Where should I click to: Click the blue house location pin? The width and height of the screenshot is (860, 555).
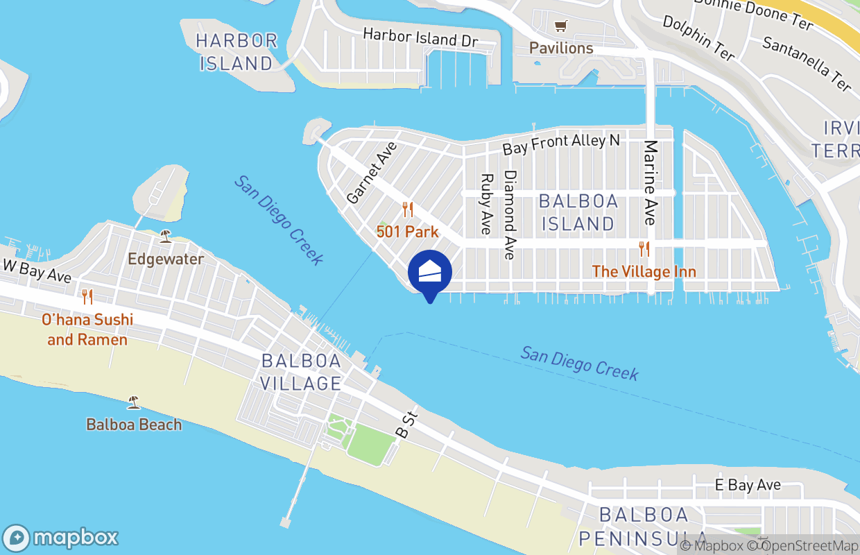430,273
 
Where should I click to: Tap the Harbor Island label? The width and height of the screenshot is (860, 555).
237,52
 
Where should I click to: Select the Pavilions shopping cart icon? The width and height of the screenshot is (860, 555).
560,26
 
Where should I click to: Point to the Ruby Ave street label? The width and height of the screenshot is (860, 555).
486,203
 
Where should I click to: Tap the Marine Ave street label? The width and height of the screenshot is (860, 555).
650,182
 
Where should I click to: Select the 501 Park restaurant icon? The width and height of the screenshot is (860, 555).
408,209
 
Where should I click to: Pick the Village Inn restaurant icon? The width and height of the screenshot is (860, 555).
644,248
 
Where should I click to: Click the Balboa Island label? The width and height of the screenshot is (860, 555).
578,212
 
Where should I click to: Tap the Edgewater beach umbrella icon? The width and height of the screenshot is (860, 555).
165,236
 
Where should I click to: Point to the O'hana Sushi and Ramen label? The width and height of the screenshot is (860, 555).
87,330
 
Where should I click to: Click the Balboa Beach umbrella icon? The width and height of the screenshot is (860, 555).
133,402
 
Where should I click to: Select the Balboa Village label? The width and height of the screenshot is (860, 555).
301,372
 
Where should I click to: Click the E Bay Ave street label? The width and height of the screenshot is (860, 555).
748,485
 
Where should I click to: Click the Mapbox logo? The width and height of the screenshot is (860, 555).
61,538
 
